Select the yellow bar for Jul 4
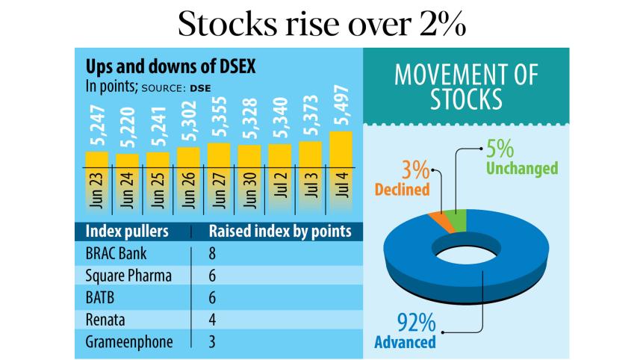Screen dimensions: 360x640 pos(341,149)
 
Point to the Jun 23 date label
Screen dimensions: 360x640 pos(97,193)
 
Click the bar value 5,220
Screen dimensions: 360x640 pos(128,131)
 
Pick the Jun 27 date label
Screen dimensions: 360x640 pos(219,193)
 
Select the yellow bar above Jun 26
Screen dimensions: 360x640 pos(188,156)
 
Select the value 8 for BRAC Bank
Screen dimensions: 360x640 pos(213,253)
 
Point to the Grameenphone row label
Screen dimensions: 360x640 pos(130,341)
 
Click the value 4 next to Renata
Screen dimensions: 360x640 pos(213,320)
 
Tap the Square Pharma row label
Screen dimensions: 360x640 pos(128,276)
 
